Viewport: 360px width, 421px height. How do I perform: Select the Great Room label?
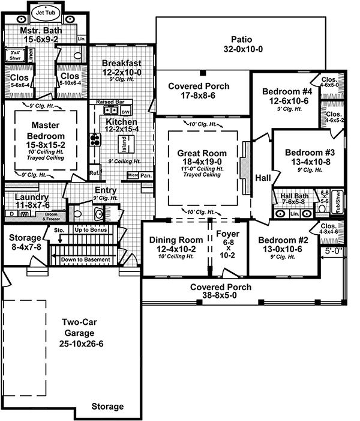click(202, 154)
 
